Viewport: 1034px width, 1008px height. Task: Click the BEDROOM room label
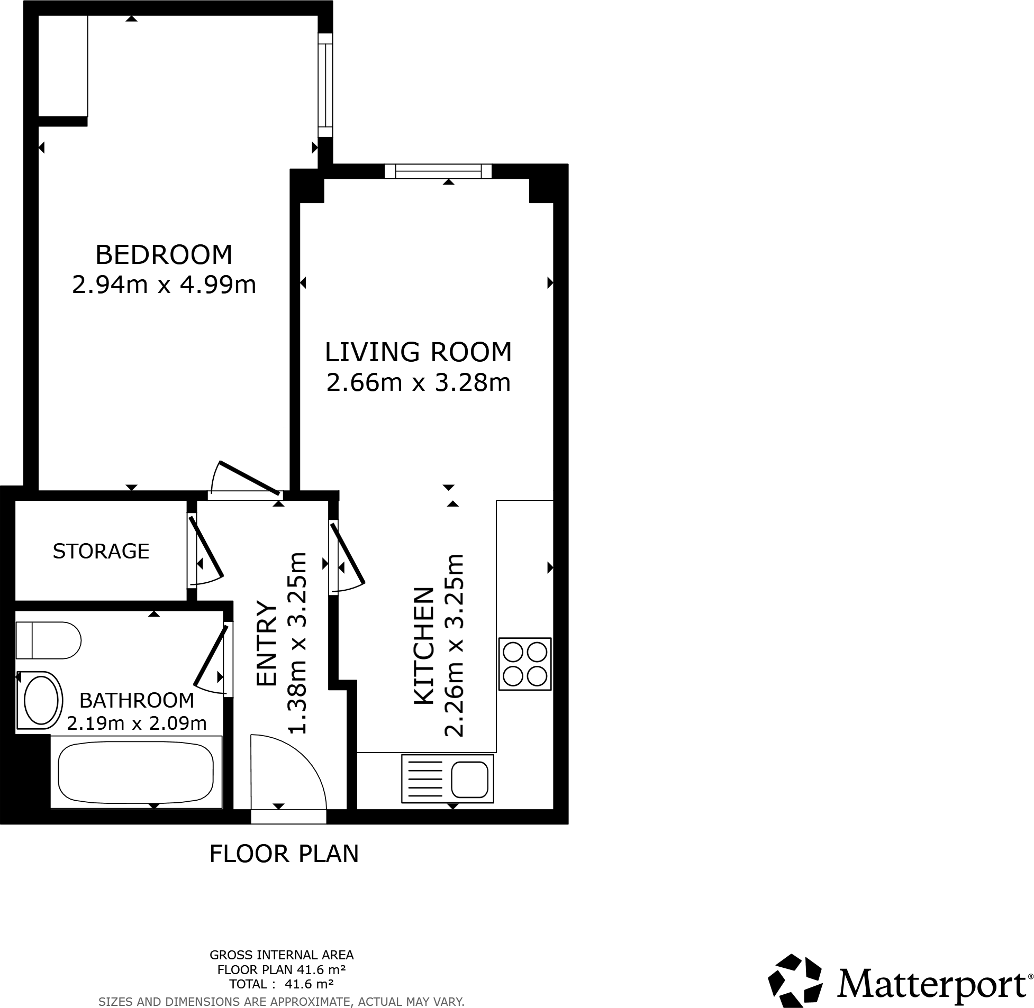point(164,255)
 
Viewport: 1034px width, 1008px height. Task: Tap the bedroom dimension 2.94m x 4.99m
point(164,286)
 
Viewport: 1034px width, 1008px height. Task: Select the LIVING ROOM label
point(418,353)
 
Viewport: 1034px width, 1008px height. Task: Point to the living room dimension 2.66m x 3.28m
point(418,383)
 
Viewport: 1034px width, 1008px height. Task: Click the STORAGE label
point(101,552)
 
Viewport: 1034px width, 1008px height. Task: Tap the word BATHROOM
point(137,700)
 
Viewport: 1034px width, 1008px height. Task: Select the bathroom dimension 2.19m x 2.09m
point(137,723)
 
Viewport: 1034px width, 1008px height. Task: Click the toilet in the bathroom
point(48,640)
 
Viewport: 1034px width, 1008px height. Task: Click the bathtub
point(135,772)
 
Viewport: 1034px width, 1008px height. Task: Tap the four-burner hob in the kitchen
point(524,664)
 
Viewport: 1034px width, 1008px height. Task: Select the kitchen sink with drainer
point(448,778)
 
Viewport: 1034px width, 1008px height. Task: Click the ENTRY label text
point(267,643)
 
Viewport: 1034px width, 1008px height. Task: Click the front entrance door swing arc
point(297,763)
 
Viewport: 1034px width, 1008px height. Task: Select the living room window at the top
point(438,171)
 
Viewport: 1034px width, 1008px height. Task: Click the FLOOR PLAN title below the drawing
point(284,854)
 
